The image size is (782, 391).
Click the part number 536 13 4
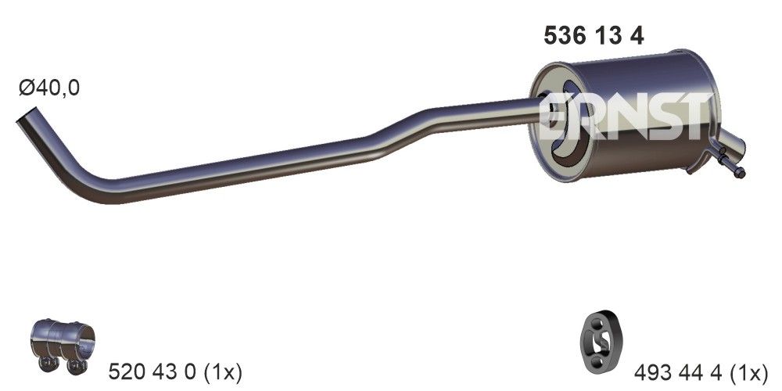point(593,36)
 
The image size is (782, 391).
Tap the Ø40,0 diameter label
point(48,88)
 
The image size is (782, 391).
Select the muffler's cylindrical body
point(649,117)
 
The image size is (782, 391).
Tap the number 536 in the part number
point(562,36)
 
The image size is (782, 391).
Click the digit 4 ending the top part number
point(637,36)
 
